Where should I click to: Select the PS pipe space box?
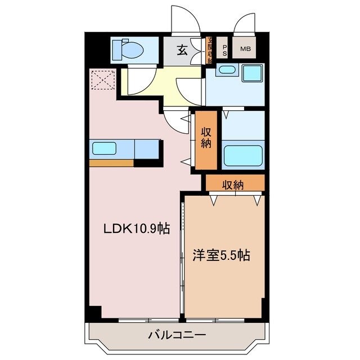[x=224, y=49]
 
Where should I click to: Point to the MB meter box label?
[x=245, y=49]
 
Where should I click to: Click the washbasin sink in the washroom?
[x=226, y=70]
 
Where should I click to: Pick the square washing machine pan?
[x=252, y=73]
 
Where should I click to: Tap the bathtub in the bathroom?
[x=242, y=155]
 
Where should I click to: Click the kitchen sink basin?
[x=104, y=149]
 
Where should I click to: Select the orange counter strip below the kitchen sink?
[x=111, y=163]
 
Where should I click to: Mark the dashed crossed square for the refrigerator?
[x=102, y=79]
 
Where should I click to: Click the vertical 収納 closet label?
[x=206, y=138]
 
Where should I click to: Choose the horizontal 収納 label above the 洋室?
[x=232, y=184]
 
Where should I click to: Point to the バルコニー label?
[x=177, y=335]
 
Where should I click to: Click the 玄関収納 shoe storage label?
[x=210, y=50]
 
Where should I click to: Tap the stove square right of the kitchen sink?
[x=147, y=149]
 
